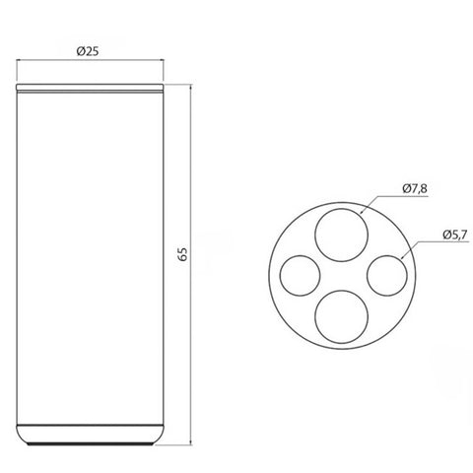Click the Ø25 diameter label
point(88,51)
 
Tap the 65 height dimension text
point(182,253)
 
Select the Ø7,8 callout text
point(415,188)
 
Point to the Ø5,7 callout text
point(455,235)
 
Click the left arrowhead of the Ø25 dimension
point(19,60)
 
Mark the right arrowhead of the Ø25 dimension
point(162,60)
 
